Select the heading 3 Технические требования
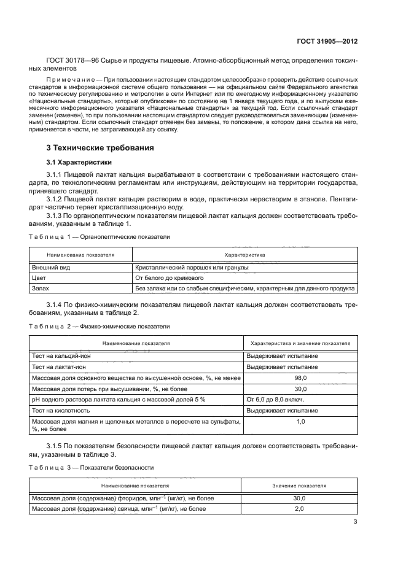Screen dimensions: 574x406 point(100,165)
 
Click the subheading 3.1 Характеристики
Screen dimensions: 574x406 point(81,179)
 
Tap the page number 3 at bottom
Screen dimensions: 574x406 point(356,522)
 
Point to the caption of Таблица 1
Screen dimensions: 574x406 point(100,236)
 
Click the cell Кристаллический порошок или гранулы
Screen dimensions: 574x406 point(183,267)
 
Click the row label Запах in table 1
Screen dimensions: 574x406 point(41,287)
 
